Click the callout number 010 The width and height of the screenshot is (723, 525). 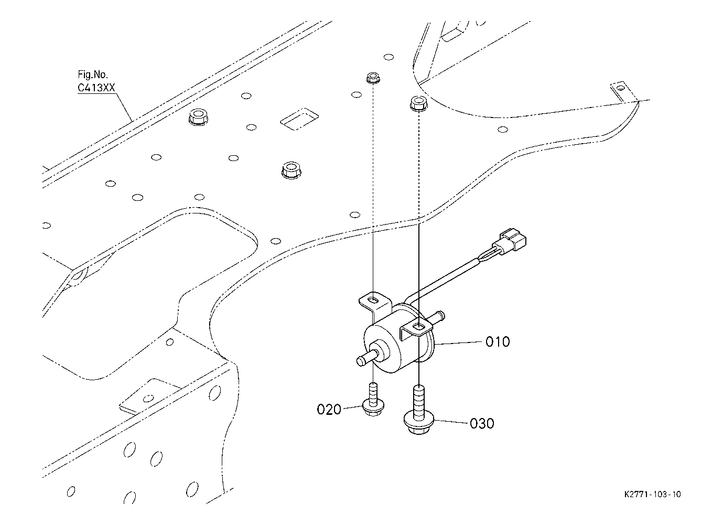(497, 342)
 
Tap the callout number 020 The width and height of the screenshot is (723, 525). (329, 409)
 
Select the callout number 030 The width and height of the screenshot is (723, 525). (482, 423)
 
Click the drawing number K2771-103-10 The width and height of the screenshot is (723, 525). (653, 495)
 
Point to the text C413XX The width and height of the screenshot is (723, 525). (96, 88)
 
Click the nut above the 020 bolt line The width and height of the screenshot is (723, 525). (373, 78)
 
